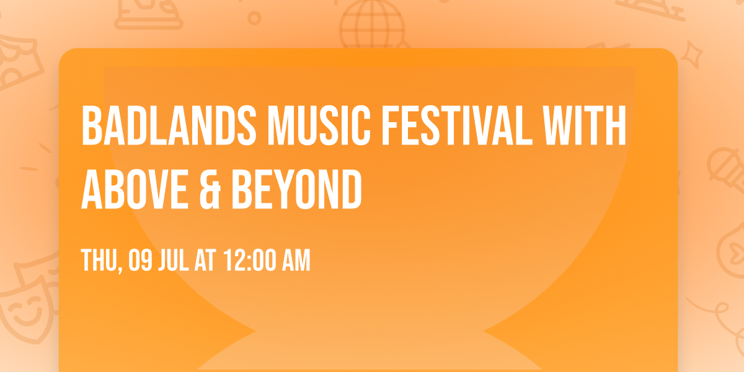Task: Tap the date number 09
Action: pyautogui.click(x=140, y=261)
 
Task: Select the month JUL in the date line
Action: pyautogui.click(x=177, y=261)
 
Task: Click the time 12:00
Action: pyautogui.click(x=249, y=261)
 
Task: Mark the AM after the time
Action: pyautogui.click(x=296, y=261)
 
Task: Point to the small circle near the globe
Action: pyautogui.click(x=254, y=18)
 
